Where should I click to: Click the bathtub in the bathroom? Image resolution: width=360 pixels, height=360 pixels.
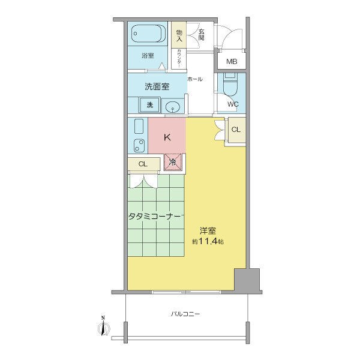[148, 34]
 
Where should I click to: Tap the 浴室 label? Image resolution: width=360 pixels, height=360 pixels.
[148, 56]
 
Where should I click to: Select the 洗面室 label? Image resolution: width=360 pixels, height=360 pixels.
[157, 86]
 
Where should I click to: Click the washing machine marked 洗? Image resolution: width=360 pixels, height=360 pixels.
[149, 105]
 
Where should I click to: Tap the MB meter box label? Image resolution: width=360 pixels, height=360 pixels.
[232, 62]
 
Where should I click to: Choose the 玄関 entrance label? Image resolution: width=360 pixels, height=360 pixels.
[202, 35]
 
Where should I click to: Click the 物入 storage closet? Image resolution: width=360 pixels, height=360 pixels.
[179, 35]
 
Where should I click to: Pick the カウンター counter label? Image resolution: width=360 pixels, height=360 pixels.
[179, 58]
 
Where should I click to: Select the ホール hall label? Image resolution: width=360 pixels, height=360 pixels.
[195, 79]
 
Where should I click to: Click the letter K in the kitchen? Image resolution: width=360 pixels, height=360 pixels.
[167, 137]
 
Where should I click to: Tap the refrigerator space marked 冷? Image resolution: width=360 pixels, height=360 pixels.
[172, 163]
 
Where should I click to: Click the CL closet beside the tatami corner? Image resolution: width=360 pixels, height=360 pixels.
[144, 164]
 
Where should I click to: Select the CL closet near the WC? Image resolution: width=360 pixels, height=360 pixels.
[236, 130]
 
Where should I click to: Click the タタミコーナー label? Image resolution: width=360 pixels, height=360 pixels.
[156, 216]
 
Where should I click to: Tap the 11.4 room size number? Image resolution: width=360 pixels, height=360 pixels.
[208, 242]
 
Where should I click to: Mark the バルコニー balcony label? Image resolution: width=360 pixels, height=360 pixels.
[185, 314]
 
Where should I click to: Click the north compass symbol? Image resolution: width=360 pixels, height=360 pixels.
[103, 326]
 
